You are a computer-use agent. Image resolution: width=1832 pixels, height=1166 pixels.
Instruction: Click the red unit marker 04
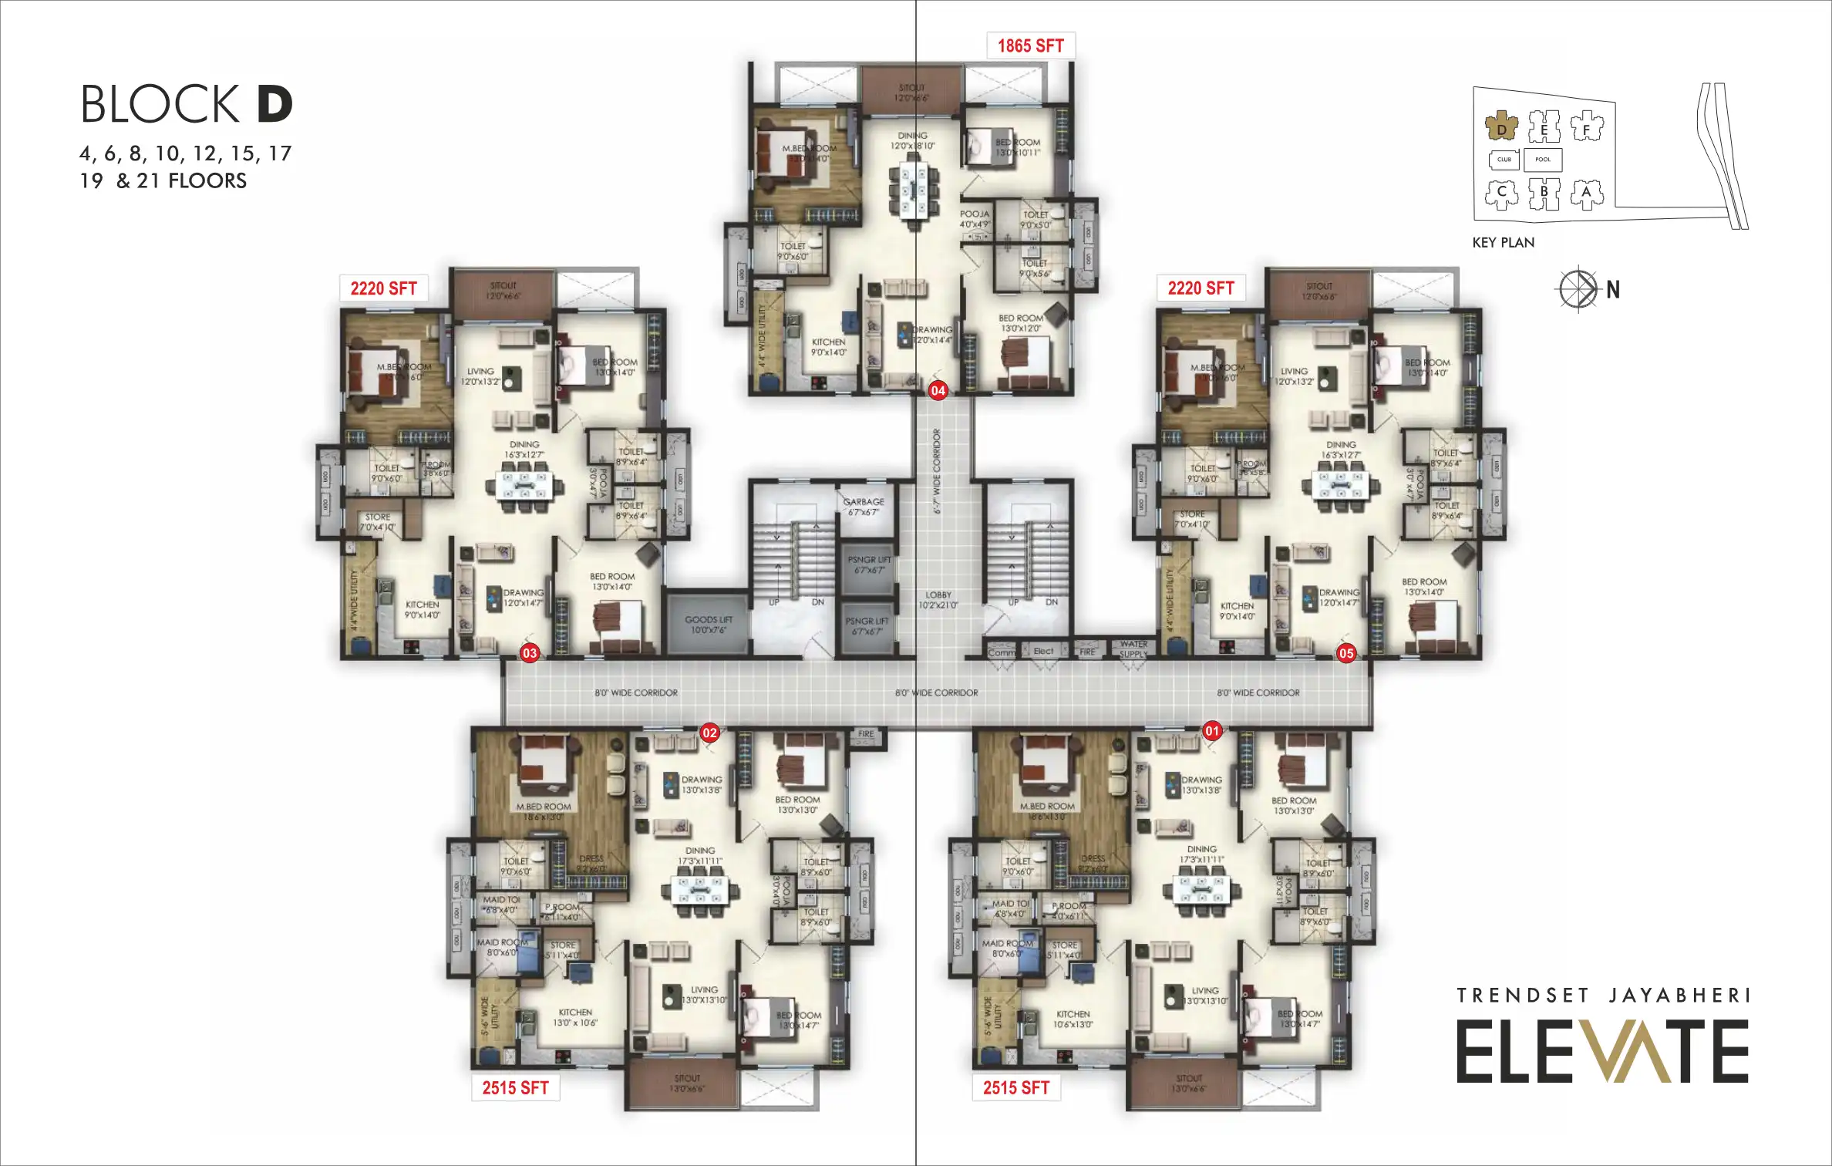click(938, 390)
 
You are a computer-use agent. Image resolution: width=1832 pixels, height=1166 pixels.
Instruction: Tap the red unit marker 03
click(530, 653)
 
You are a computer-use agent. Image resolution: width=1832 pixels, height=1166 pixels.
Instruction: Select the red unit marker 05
click(1346, 653)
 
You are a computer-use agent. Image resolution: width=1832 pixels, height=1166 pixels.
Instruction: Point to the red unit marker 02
click(709, 733)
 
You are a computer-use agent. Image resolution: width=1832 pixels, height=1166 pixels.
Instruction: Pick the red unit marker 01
click(1213, 730)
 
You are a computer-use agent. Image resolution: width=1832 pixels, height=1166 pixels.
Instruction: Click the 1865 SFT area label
click(1030, 45)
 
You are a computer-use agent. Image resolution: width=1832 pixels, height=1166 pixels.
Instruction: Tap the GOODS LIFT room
click(708, 625)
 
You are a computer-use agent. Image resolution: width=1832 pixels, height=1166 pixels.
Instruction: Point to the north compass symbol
click(1578, 289)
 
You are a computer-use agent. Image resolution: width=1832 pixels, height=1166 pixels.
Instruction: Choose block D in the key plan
click(1501, 129)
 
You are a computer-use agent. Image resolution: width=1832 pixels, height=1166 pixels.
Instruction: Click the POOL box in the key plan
click(1543, 160)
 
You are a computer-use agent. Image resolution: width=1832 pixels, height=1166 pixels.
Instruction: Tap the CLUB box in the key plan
click(1504, 160)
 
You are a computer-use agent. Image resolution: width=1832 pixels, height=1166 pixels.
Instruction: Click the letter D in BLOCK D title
click(274, 105)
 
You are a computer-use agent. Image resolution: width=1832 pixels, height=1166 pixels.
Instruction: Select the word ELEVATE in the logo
click(1602, 1051)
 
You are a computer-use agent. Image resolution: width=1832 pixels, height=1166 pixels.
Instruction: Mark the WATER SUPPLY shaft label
click(1133, 649)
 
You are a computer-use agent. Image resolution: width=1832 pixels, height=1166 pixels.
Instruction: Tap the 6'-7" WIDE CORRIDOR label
click(938, 473)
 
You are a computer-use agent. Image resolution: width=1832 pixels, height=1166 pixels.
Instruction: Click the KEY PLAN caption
click(1503, 242)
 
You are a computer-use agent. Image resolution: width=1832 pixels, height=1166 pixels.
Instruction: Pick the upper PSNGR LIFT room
click(868, 565)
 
